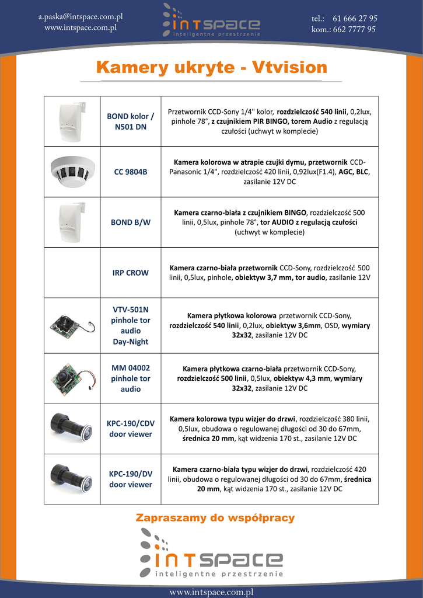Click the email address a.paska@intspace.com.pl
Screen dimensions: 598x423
click(81, 17)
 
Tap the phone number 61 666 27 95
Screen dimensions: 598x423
click(355, 18)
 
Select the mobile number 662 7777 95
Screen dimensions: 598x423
click(354, 29)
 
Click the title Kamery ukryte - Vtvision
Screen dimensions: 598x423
click(211, 67)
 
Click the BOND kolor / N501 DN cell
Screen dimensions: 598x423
click(131, 121)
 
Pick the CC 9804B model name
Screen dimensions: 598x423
click(131, 172)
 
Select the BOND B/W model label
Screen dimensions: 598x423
click(131, 222)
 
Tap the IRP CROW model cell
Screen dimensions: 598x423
click(131, 273)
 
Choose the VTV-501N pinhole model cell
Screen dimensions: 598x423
click(131, 325)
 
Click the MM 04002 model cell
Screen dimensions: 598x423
click(131, 378)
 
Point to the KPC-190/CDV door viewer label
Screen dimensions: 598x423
click(131, 429)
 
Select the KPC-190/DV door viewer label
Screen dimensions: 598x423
click(131, 479)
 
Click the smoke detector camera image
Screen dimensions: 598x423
click(72, 171)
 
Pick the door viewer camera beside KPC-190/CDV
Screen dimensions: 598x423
click(71, 427)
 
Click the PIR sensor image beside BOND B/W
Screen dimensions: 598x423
click(72, 222)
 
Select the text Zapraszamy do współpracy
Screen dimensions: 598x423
click(215, 518)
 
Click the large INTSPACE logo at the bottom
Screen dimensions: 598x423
click(211, 554)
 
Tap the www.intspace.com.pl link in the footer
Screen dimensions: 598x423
click(211, 592)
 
